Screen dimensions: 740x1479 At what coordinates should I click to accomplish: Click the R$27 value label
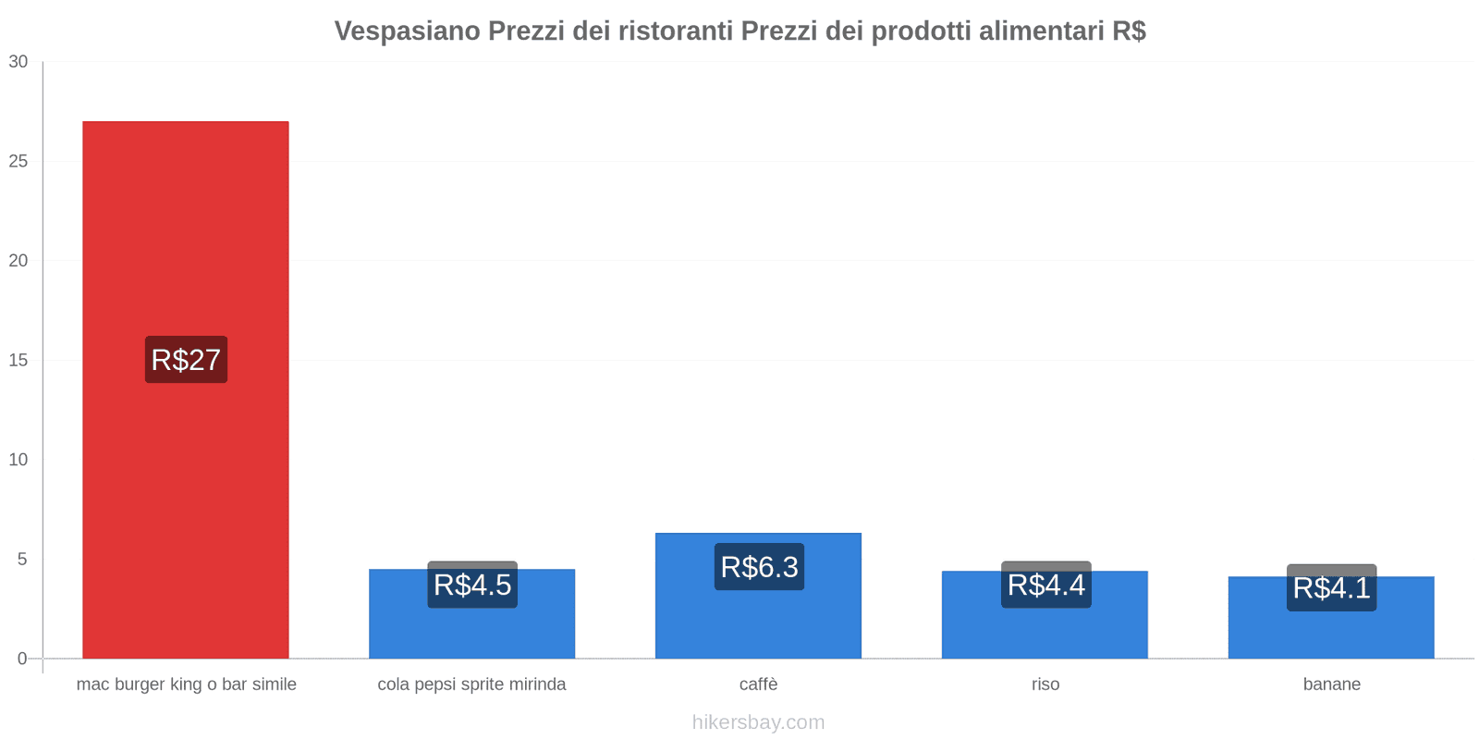[186, 360]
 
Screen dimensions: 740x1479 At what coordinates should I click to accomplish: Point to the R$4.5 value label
[472, 585]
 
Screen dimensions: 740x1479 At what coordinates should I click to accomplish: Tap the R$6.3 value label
[759, 567]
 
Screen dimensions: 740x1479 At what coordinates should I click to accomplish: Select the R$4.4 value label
[1045, 585]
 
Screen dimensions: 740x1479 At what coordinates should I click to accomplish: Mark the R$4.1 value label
[1331, 587]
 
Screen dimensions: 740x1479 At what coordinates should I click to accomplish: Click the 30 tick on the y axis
[18, 62]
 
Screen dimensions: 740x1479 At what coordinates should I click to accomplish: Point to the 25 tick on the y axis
[18, 162]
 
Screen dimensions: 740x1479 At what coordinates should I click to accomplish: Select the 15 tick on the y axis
[18, 361]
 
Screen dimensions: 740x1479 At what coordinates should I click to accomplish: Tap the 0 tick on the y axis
[22, 659]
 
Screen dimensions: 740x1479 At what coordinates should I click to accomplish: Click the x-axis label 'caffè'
[758, 684]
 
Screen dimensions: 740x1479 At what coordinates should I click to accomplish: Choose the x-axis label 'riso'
[1045, 684]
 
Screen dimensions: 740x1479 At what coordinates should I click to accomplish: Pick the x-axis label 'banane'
[1331, 684]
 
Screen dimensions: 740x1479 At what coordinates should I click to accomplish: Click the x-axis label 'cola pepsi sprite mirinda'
[471, 684]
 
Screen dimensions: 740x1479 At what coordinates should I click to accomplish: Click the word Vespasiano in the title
[407, 31]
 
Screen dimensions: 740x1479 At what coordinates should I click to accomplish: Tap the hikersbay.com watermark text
[758, 722]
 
